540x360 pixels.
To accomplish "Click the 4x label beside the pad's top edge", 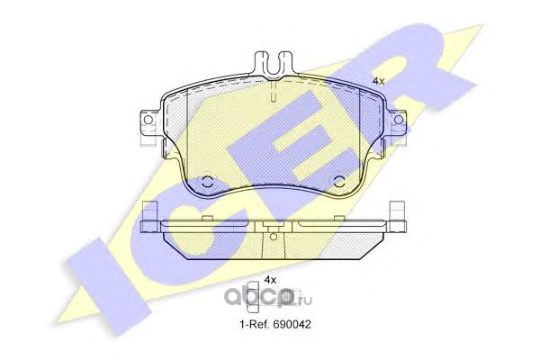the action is point(379,81).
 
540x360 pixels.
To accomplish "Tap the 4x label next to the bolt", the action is point(270,280).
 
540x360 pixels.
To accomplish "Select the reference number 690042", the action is point(292,324).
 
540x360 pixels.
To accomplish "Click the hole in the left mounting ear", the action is point(148,120).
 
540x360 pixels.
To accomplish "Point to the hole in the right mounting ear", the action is point(398,120).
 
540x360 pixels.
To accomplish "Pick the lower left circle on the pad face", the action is point(207,182).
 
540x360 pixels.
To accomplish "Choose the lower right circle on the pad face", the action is point(339,182).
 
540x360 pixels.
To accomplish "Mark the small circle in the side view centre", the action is point(273,237).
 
